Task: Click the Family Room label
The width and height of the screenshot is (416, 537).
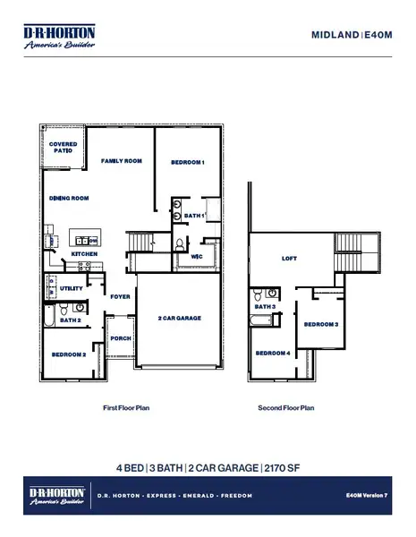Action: pyautogui.click(x=123, y=161)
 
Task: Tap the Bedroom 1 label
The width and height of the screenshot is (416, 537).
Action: pyautogui.click(x=189, y=162)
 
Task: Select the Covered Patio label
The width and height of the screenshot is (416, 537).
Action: pyautogui.click(x=63, y=148)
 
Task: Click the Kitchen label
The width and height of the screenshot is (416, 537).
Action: pyautogui.click(x=84, y=254)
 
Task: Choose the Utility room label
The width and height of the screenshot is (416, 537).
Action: pyautogui.click(x=72, y=288)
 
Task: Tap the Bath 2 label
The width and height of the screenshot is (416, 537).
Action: pyautogui.click(x=72, y=320)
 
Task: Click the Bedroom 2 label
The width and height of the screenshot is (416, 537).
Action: pyautogui.click(x=69, y=355)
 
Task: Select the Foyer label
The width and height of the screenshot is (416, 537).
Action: pyautogui.click(x=119, y=296)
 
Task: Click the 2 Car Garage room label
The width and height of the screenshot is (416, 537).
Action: pyautogui.click(x=179, y=319)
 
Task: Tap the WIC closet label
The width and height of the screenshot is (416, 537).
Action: pyautogui.click(x=198, y=257)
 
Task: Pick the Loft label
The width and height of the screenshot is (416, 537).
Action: pyautogui.click(x=289, y=258)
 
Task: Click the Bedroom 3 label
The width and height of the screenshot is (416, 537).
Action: pyautogui.click(x=320, y=324)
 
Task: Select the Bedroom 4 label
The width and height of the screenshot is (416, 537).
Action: pyautogui.click(x=274, y=354)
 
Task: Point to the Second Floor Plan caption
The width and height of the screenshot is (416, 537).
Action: pyautogui.click(x=286, y=407)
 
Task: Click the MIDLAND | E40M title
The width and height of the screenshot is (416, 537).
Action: pyautogui.click(x=352, y=36)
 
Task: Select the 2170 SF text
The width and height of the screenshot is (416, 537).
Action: pyautogui.click(x=284, y=468)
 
